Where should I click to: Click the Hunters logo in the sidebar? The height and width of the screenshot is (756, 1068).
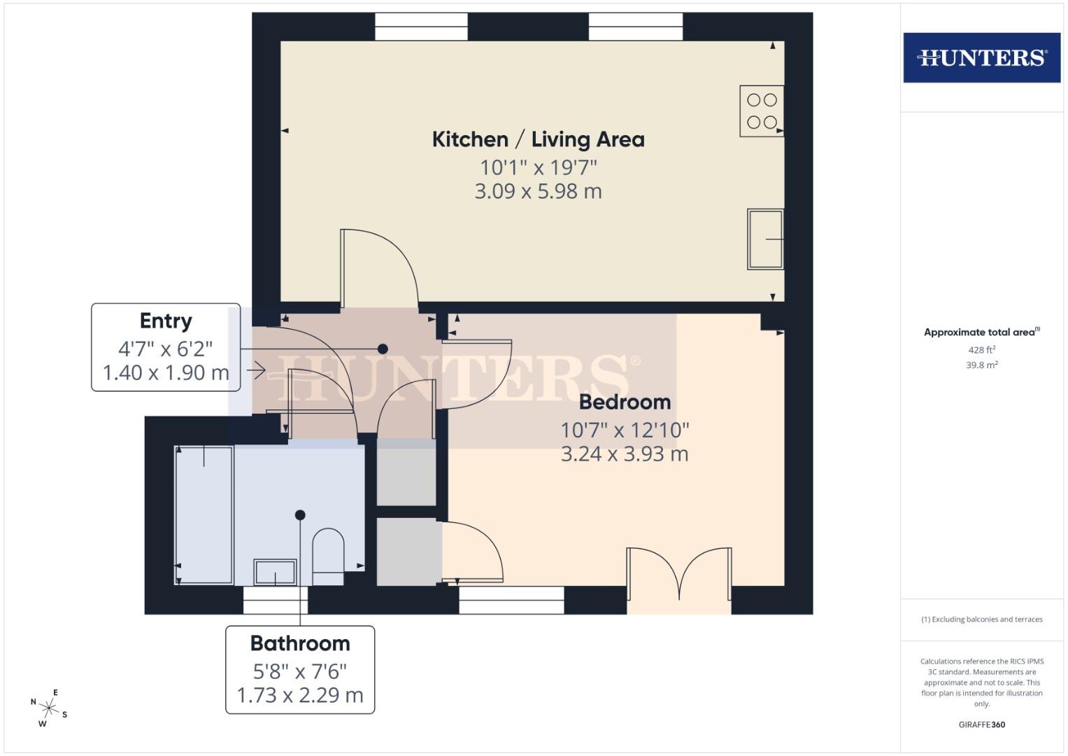(981, 57)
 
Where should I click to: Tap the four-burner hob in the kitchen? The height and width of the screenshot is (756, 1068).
(762, 111)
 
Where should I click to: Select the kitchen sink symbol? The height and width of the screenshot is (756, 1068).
(765, 239)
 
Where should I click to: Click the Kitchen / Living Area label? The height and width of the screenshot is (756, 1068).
(538, 139)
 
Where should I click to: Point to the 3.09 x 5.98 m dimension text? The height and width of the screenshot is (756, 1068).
(538, 191)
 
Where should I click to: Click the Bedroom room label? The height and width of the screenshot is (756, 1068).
(625, 402)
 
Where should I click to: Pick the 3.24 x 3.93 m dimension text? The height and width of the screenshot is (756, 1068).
(625, 454)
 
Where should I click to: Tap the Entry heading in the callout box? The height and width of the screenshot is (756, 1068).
(166, 321)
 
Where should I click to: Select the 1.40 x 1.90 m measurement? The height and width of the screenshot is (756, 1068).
(166, 372)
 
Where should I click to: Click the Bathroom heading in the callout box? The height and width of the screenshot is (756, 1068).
(300, 643)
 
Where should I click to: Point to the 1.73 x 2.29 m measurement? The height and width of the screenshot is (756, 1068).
(300, 695)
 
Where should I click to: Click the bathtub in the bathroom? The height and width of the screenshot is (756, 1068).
(204, 514)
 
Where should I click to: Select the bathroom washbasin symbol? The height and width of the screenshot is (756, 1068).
(275, 572)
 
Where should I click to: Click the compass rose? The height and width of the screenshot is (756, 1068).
(49, 708)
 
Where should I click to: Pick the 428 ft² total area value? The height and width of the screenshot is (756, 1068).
(981, 350)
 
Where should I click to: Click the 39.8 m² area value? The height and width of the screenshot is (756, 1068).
(981, 365)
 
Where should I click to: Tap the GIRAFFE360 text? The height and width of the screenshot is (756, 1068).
(981, 724)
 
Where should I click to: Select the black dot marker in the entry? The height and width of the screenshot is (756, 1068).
(383, 349)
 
